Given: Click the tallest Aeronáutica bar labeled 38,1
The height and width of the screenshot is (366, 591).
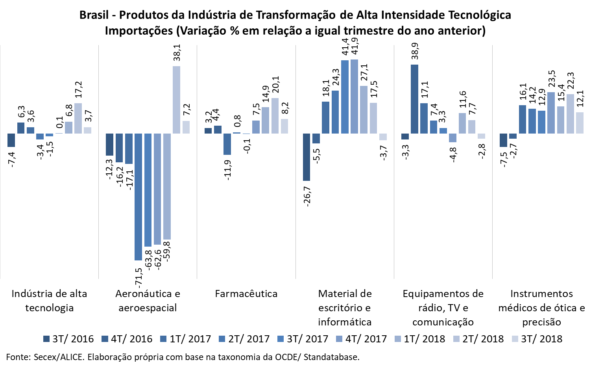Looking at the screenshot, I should pos(177,100).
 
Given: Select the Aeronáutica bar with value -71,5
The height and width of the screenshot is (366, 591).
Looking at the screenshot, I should pos(138,197).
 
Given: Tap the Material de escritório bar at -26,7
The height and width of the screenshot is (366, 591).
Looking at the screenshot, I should pos(307,157).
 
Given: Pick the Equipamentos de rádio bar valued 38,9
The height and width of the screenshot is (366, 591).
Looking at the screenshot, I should pos(414,99).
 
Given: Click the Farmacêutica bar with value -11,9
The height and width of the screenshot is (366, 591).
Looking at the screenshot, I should pos(227,144).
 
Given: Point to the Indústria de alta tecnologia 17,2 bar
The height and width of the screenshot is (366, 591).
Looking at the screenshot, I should pos(78,118).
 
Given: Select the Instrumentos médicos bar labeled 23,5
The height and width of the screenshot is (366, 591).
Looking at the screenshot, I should pos(551,113).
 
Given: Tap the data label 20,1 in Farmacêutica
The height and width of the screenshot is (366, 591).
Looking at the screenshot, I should pos(275,85).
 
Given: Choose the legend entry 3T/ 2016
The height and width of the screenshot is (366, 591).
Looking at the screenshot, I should pos(68,339).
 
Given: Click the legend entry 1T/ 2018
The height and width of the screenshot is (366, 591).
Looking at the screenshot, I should pos(420,339).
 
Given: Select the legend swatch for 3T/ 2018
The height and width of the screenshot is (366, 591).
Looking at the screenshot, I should pos(515,339).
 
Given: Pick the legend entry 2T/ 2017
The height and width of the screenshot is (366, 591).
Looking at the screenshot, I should pos(244,339).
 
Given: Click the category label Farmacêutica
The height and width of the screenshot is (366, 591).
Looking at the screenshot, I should pos(246,294).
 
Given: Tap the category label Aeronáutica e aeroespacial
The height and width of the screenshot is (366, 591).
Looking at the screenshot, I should pos(148,301).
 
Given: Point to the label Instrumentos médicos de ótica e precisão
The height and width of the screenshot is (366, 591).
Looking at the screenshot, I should pos(541,308).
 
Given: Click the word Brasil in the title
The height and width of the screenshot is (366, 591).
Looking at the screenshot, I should pos(94,15).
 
